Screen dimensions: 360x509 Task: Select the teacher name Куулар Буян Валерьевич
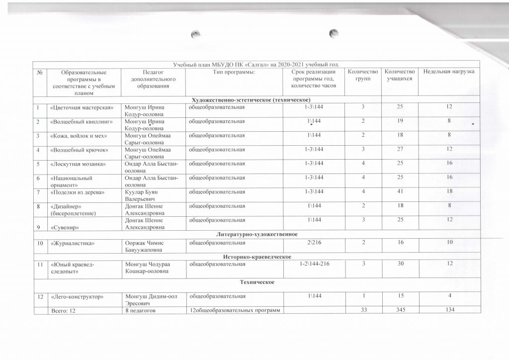click(x=144, y=195)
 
